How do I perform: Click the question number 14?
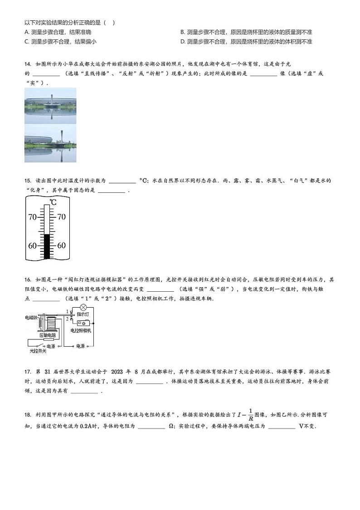pos(28,64)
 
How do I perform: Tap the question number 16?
pos(28,280)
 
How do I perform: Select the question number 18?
pos(28,415)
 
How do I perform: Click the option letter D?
pos(183,42)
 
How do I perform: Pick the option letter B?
pos(183,32)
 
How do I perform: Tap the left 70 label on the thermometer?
pos(33,217)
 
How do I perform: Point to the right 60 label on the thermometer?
pos(61,245)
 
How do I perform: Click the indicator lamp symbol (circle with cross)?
pos(83,307)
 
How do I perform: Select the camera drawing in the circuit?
pos(83,323)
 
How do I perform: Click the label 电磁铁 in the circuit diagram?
pos(31,318)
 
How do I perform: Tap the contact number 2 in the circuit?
pos(68,319)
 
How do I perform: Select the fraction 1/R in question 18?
pos(251,415)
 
